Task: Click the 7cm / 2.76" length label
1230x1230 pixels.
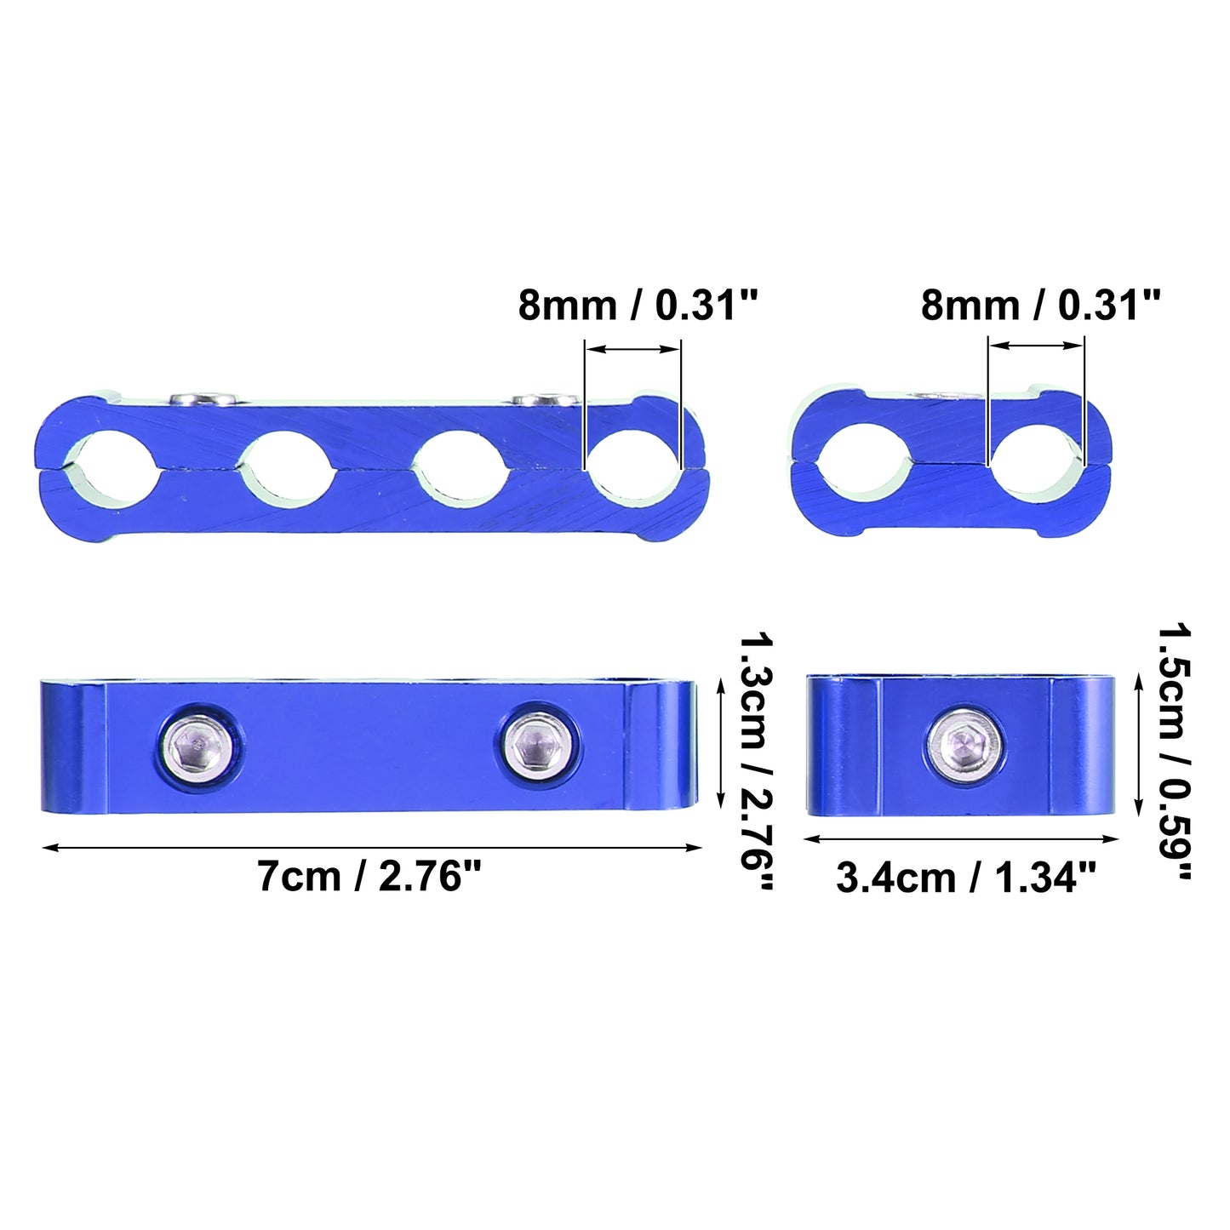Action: (x=369, y=876)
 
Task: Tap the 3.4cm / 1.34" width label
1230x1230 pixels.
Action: (x=966, y=877)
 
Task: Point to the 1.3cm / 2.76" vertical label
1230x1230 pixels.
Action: (x=757, y=760)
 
